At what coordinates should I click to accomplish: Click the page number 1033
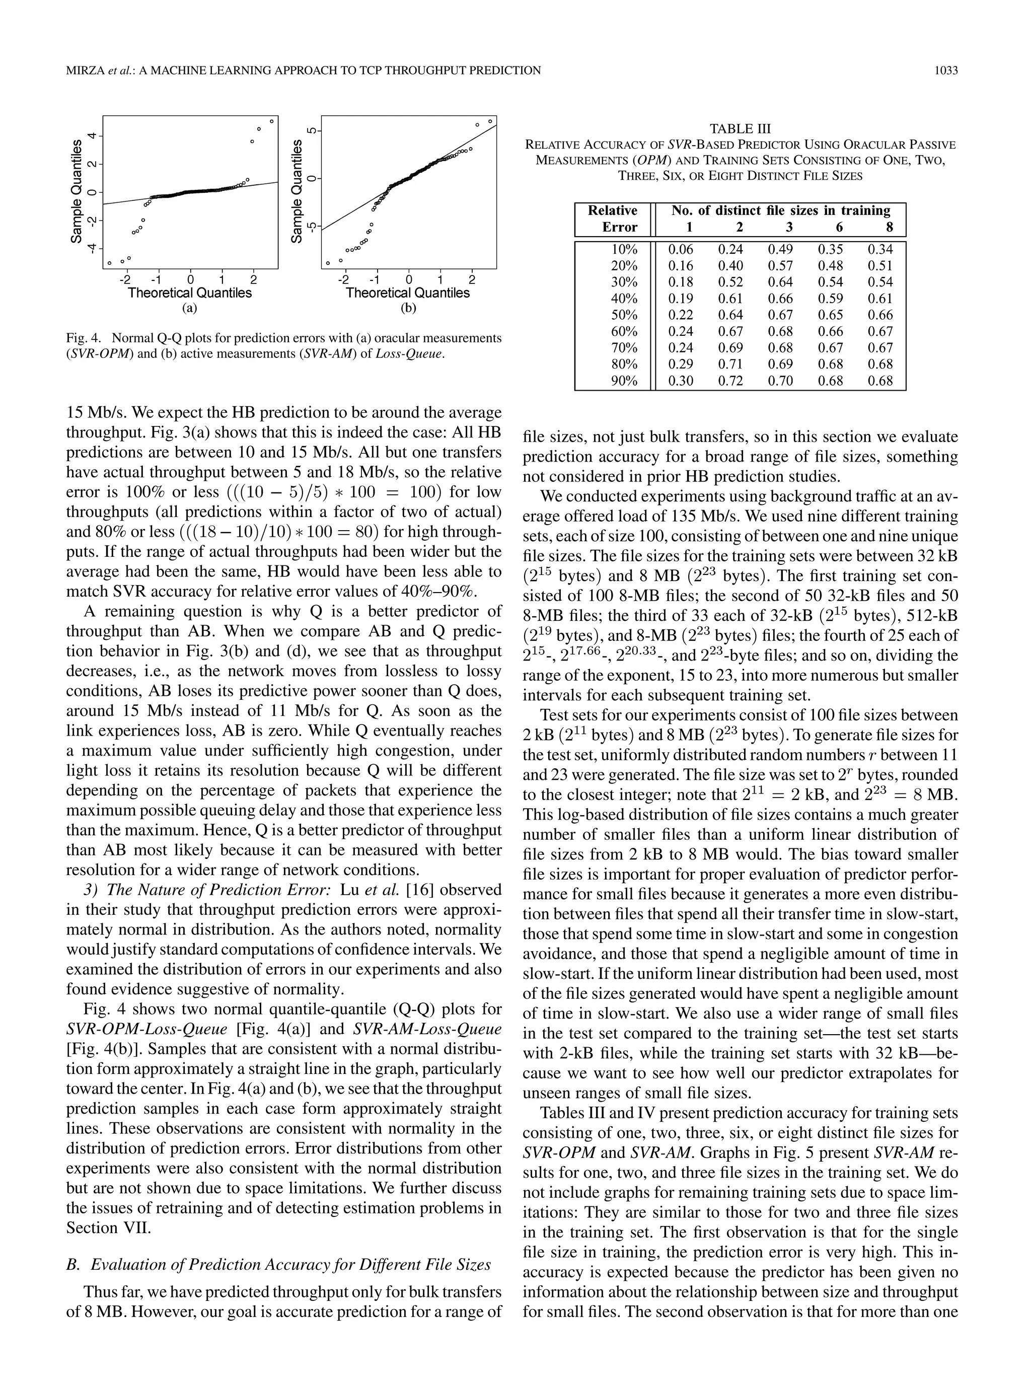946,70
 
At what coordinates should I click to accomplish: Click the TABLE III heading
740,129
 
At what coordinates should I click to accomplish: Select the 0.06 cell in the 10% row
681,249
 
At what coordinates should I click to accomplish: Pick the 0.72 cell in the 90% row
730,381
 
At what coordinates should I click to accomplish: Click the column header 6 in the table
839,227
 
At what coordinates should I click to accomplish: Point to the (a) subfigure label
190,308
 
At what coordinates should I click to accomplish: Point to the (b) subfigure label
408,308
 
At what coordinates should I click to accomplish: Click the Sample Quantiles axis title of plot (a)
76,191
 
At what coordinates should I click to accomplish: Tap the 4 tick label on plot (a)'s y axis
92,135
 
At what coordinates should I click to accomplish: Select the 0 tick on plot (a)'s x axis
190,280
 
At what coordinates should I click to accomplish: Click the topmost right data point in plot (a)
271,121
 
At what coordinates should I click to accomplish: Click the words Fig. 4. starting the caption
82,338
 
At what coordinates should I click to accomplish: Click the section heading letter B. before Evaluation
72,1265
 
